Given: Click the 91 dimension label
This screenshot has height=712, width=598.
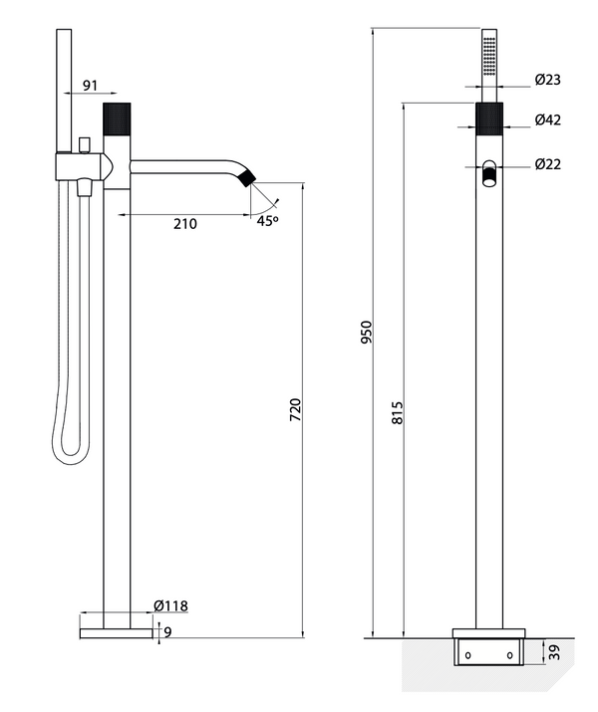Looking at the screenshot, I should click(x=89, y=87).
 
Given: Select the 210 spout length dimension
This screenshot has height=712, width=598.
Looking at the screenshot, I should click(x=184, y=224).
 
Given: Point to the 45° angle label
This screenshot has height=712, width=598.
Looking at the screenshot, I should click(x=267, y=221).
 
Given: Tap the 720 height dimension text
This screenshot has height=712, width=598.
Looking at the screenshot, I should click(x=294, y=409).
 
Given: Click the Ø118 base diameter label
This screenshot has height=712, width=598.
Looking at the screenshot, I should click(x=171, y=604).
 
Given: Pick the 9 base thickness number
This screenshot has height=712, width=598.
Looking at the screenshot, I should click(x=167, y=630).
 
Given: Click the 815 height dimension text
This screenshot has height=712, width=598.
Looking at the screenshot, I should click(x=397, y=414).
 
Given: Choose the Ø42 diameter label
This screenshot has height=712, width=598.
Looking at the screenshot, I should click(x=547, y=120).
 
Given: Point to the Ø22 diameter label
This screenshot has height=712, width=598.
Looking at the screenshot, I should click(x=547, y=164).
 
